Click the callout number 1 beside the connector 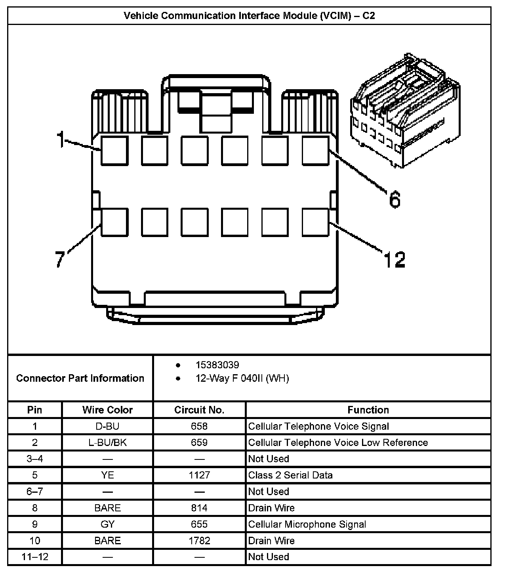pos(60,139)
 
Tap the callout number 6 pos(395,199)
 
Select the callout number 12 pos(395,260)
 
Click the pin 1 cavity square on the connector pos(114,150)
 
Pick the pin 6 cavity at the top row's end pos(315,150)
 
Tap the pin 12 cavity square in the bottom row pos(315,222)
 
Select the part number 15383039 pos(217,365)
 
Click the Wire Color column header pos(107,410)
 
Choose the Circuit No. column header pos(199,410)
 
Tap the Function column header pos(368,410)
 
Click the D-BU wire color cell pos(107,427)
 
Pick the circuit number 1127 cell pos(199,475)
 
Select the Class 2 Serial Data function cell pos(290,475)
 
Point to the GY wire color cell pos(107,524)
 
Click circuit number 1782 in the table pos(199,541)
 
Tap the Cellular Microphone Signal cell pos(307,524)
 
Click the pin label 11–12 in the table pos(35,557)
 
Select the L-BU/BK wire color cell pos(107,443)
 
